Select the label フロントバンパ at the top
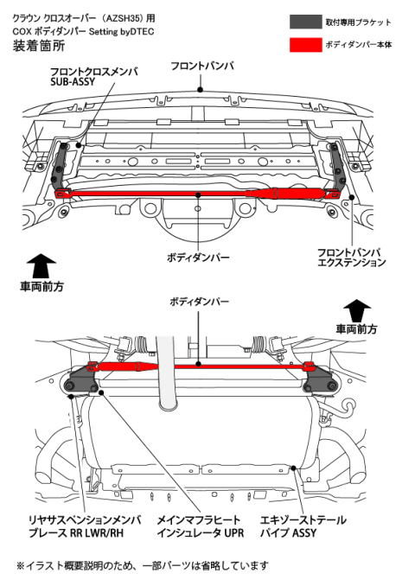(200, 66)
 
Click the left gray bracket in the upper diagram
(61, 169)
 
